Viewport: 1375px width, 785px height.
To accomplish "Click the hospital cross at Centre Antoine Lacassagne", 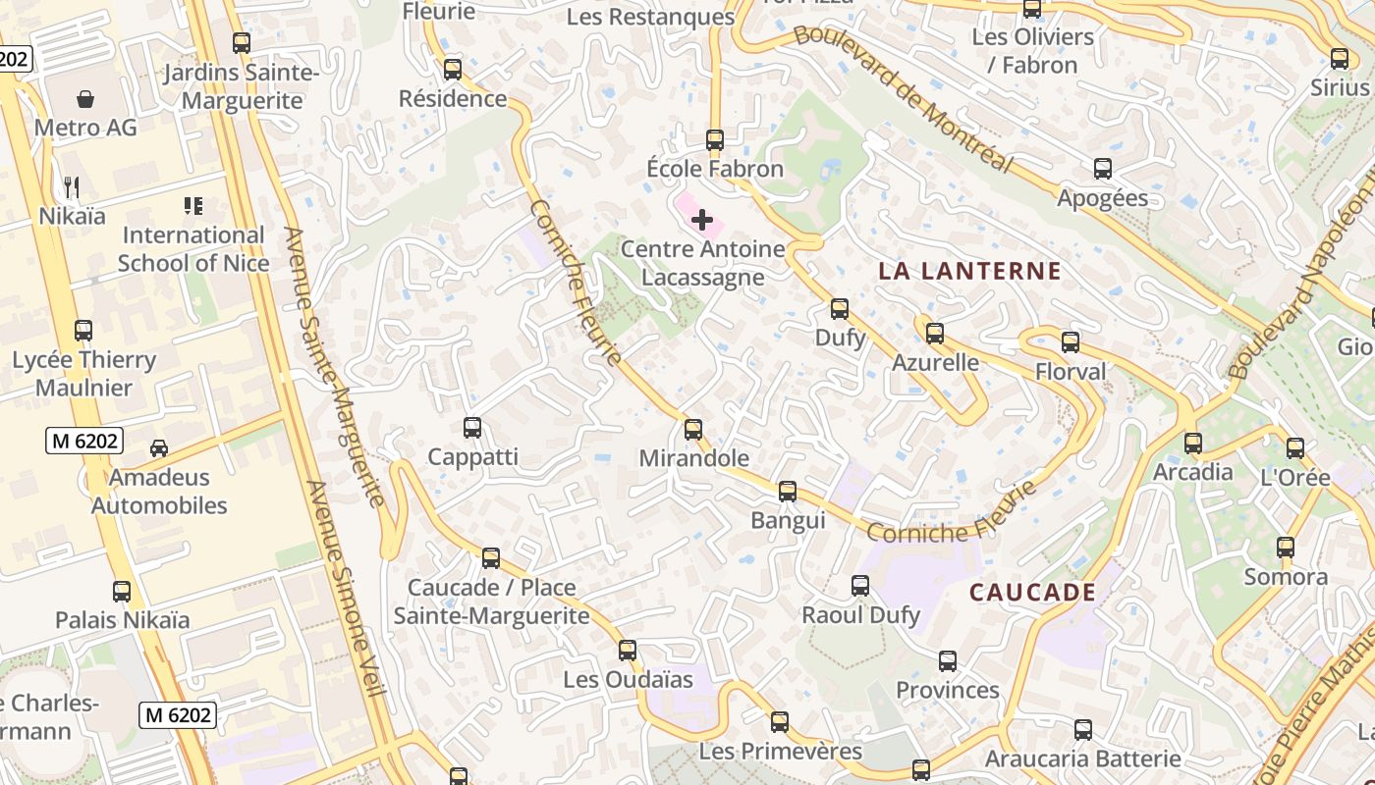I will point(702,220).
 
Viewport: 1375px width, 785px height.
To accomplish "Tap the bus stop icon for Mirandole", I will point(693,429).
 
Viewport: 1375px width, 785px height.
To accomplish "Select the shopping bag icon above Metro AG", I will point(85,99).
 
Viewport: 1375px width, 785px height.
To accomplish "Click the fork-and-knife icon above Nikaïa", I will point(71,186).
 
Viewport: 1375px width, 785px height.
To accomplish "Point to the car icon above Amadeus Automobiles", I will point(158,448).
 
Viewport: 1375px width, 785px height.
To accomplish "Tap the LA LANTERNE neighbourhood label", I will point(969,272).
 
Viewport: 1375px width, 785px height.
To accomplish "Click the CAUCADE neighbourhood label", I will point(1032,593).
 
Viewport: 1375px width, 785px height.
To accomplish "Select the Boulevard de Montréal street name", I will point(904,98).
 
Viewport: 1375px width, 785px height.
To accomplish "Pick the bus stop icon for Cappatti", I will point(472,428).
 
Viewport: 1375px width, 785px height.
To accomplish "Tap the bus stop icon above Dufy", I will point(840,309).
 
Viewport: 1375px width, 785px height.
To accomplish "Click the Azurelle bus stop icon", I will point(935,334).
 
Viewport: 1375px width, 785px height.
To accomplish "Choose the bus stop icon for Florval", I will point(1071,342).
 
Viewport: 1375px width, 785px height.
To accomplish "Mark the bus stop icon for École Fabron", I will point(715,140).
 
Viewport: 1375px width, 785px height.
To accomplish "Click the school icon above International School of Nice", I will point(193,206).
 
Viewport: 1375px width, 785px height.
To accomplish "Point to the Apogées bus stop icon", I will point(1103,169).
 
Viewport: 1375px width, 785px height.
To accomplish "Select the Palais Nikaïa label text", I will point(123,620).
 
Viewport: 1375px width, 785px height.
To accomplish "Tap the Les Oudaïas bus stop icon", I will point(628,650).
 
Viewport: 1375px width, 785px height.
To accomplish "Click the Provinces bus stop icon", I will point(948,661).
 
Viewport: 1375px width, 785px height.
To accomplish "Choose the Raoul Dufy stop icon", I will point(860,586).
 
